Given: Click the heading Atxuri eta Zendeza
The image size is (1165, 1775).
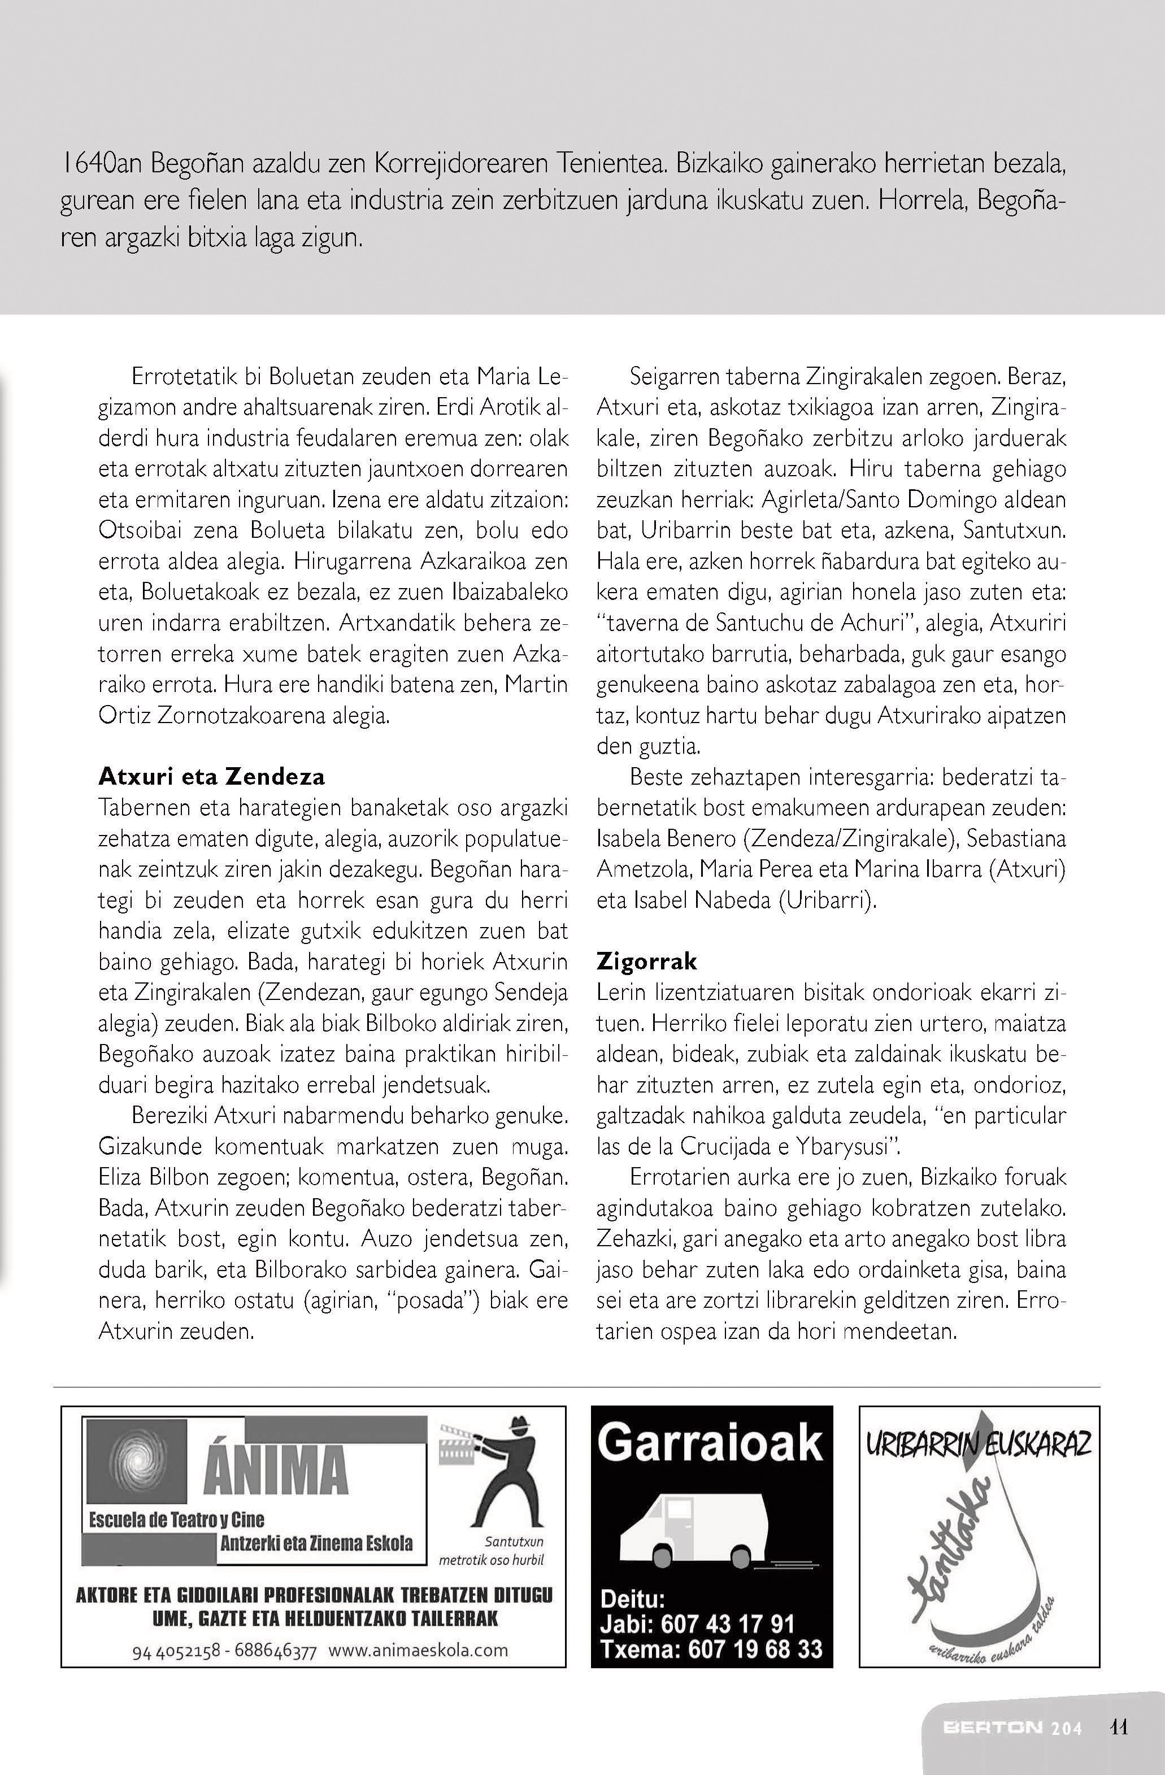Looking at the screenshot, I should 212,777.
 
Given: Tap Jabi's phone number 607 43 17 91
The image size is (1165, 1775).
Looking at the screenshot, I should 727,1624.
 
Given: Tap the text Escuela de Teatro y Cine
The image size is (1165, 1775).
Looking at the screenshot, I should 177,1520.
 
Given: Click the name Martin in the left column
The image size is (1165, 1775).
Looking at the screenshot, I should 536,685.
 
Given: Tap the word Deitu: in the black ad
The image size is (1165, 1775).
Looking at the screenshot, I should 632,1599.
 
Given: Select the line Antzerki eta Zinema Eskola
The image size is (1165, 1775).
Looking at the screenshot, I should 316,1542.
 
